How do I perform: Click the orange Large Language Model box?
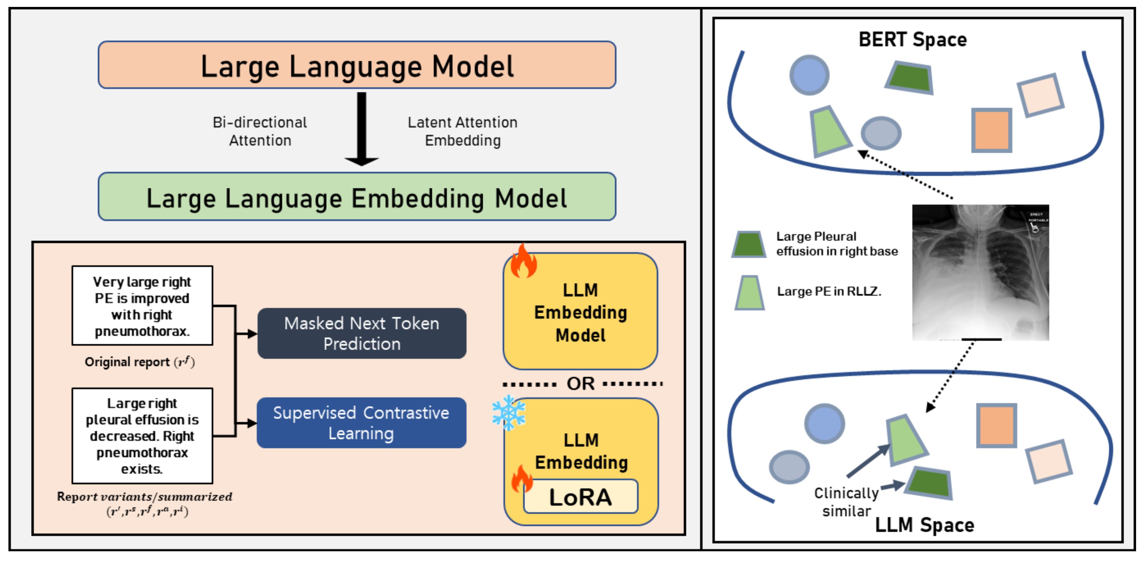coord(357,65)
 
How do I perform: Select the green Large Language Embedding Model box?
coord(357,197)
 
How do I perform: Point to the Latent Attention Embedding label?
coord(462,131)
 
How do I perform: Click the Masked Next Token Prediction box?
coord(362,333)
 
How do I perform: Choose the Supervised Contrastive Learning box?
coord(361,423)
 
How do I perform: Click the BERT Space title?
coord(912,39)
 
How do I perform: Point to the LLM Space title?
coord(924,525)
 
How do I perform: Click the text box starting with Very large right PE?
coord(142,306)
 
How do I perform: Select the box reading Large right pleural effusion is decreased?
coord(142,436)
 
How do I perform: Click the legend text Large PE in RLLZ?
coord(828,291)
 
